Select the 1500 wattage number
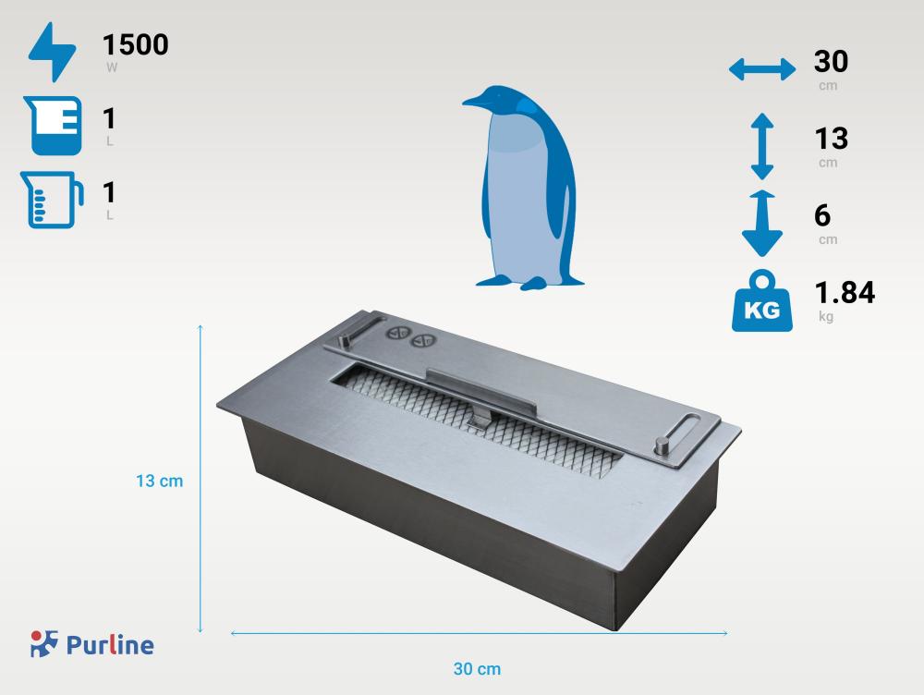pos(135,44)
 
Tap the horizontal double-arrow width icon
pos(761,69)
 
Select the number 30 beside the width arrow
pos(831,62)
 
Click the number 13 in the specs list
pos(831,139)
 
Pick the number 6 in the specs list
pos(822,215)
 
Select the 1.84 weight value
pos(844,292)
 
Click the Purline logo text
pos(110,644)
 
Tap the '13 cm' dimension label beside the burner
pos(159,482)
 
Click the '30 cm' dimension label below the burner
pos(477,668)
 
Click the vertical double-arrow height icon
pos(761,146)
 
